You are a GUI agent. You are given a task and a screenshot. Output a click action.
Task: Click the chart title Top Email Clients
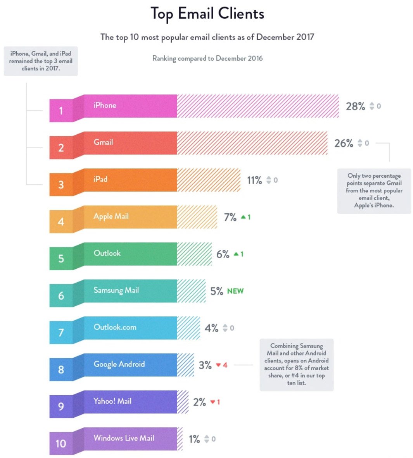click(x=207, y=14)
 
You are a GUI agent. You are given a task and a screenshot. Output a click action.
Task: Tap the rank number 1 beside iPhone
click(x=61, y=111)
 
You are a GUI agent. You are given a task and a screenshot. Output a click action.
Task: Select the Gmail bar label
click(x=103, y=142)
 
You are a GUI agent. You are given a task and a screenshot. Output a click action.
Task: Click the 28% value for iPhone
click(x=355, y=106)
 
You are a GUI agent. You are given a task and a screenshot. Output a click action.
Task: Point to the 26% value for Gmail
click(x=344, y=143)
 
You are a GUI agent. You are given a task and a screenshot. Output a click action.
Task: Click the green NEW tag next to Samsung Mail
click(x=235, y=291)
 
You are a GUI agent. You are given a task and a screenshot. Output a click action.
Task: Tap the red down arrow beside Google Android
click(x=218, y=365)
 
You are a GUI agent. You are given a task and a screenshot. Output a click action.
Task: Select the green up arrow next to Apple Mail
click(x=243, y=217)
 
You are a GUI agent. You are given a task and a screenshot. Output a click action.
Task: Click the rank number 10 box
click(x=61, y=443)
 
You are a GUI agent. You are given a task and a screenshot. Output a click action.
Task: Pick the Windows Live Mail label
click(x=124, y=438)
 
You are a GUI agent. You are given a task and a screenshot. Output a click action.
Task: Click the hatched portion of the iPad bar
click(x=209, y=180)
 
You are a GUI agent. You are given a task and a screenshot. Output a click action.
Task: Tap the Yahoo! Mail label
click(x=112, y=401)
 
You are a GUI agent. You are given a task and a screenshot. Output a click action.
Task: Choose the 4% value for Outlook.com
click(x=211, y=328)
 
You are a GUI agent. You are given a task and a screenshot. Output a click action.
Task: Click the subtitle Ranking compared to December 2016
click(x=207, y=58)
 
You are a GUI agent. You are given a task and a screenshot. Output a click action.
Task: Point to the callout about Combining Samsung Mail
click(x=296, y=364)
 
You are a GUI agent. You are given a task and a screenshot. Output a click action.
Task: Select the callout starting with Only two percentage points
click(x=374, y=190)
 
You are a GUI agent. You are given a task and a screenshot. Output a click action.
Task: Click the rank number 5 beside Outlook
click(x=61, y=259)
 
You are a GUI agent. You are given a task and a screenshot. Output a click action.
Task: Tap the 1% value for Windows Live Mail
click(x=194, y=439)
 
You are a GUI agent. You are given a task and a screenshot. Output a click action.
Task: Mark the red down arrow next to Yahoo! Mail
click(x=213, y=402)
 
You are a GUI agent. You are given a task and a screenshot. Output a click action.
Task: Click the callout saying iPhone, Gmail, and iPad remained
click(x=41, y=61)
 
